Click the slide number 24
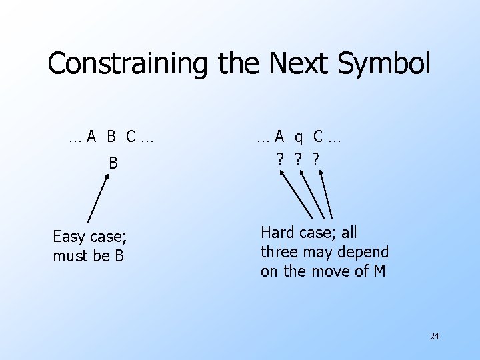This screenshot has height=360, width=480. click(x=435, y=336)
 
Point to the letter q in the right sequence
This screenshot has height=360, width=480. click(x=299, y=137)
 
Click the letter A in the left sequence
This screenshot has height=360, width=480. click(x=91, y=137)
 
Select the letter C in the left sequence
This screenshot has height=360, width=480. click(x=131, y=137)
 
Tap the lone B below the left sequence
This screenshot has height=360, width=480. click(x=113, y=163)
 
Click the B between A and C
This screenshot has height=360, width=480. click(x=111, y=137)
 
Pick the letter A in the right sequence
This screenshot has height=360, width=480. click(x=280, y=137)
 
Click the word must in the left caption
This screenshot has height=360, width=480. click(x=70, y=255)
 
